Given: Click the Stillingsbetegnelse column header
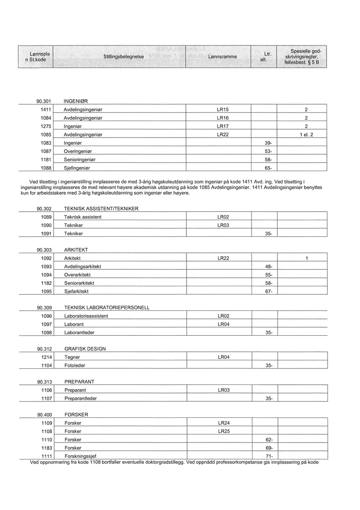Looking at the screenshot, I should point(123,57).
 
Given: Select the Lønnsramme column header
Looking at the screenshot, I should point(222,57).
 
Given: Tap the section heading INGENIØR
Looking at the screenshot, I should point(76,101).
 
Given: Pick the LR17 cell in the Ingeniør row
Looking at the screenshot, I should point(222,127).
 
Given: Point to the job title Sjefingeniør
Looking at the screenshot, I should point(77,168).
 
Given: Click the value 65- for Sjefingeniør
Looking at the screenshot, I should point(268,168).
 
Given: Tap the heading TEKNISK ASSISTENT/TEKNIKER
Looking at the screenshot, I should point(101,208).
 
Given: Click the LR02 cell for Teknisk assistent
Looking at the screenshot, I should point(223,217).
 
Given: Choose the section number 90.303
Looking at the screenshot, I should point(44,250).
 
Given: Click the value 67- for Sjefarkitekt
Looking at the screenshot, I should point(268,291).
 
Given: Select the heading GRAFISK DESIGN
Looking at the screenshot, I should point(85,349).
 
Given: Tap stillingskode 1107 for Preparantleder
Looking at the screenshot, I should point(46,398).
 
